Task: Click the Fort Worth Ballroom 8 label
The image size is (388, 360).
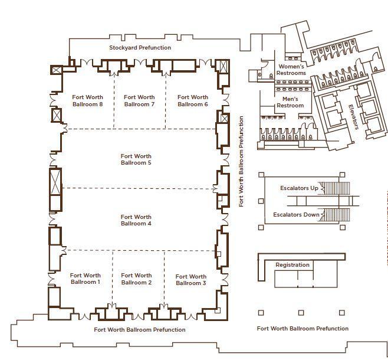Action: (88, 100)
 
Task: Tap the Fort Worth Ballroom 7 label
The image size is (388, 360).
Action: (139, 100)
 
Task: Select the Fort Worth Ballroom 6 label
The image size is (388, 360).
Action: (193, 100)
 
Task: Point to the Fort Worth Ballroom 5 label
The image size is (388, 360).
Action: (136, 159)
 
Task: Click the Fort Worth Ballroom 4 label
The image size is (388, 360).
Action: (136, 220)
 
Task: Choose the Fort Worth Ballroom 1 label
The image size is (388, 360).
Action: (86, 279)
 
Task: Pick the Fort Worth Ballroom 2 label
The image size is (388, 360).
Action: (136, 279)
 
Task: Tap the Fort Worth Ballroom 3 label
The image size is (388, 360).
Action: (191, 280)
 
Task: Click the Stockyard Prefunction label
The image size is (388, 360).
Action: (140, 48)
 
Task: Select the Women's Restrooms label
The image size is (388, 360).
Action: (291, 70)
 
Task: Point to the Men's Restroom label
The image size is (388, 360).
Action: (290, 102)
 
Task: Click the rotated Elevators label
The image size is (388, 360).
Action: (353, 117)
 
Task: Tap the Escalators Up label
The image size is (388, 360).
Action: (299, 188)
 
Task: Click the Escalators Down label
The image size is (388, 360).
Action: (296, 214)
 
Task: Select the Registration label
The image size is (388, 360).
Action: (292, 265)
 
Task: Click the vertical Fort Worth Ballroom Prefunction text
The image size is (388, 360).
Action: (241, 162)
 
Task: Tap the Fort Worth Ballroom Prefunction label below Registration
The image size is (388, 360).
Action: (302, 329)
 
